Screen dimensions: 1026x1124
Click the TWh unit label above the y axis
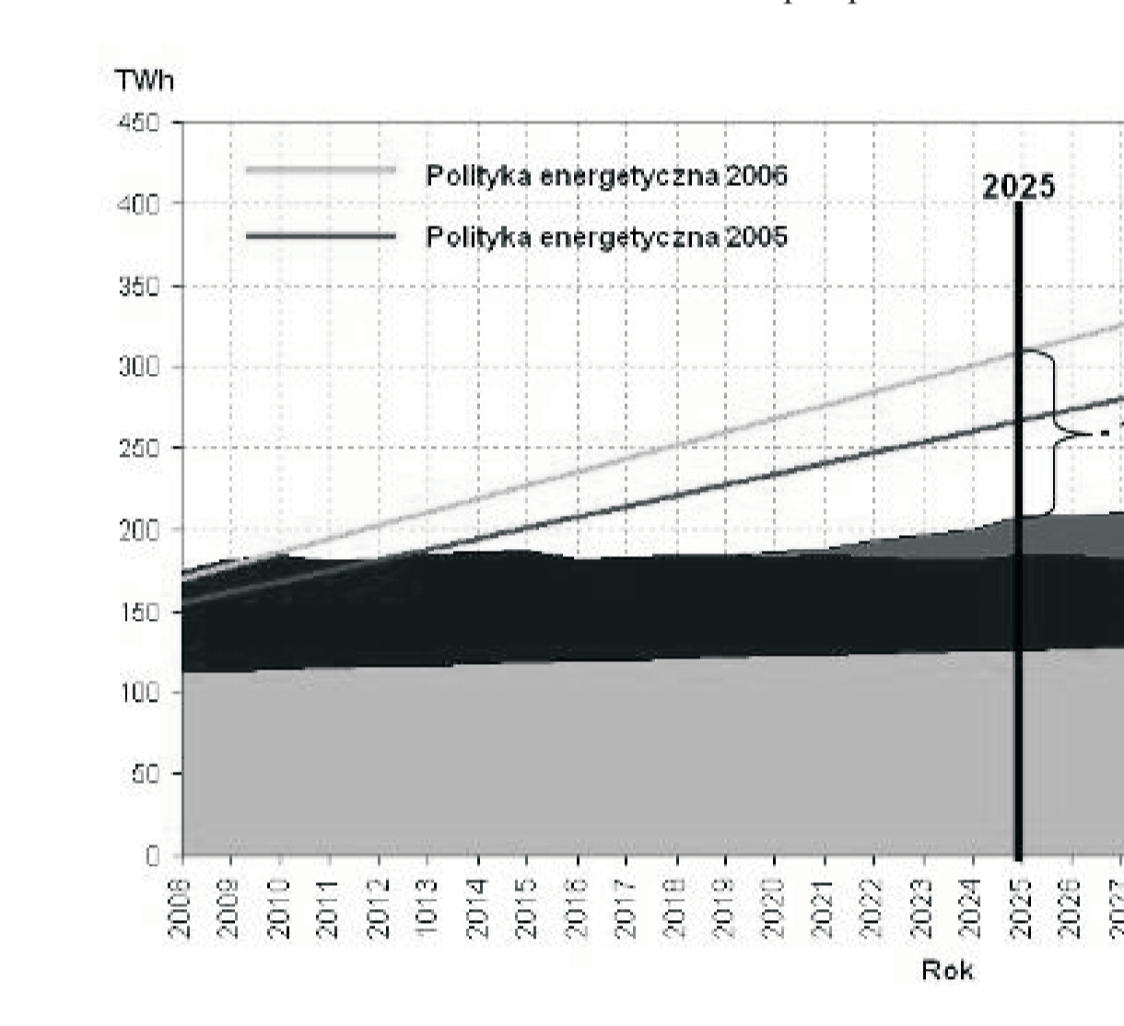145,81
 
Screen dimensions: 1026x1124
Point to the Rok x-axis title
947,970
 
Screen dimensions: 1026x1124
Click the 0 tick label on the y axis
152,856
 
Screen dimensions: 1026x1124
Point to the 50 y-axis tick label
143,775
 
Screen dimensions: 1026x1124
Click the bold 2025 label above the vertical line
1019,188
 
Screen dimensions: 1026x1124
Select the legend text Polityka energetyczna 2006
606,176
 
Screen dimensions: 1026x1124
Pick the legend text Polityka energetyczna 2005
606,238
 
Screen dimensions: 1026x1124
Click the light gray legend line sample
321,170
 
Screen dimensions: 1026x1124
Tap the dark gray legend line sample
321,237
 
